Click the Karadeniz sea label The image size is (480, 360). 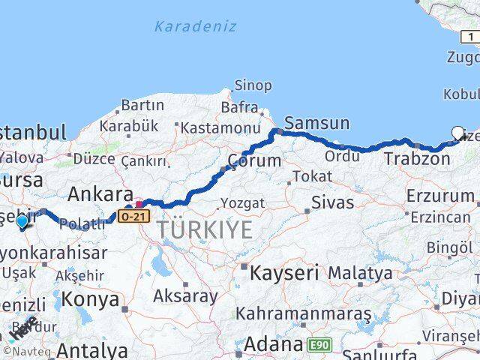(195, 26)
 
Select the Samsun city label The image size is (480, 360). (317, 123)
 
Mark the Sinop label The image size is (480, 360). (253, 85)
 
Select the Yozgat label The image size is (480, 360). (241, 203)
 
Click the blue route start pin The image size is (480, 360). (22, 221)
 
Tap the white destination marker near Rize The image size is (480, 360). (457, 133)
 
